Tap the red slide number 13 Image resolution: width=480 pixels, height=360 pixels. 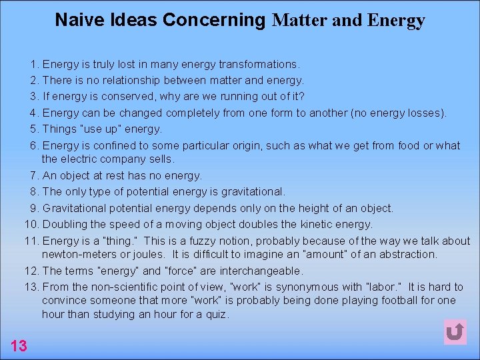[x=19, y=345]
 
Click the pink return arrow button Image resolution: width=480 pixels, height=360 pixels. [x=455, y=331]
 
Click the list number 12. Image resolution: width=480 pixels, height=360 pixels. [x=31, y=271]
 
